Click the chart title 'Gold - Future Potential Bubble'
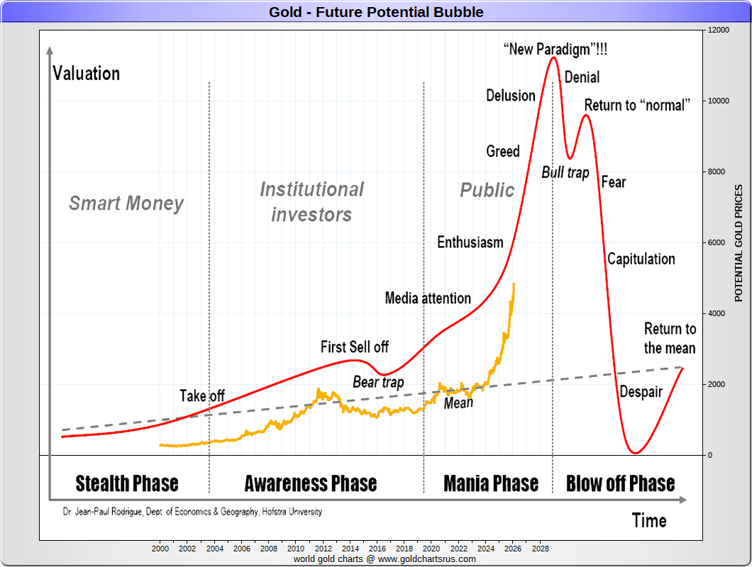point(376,12)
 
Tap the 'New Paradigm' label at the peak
point(555,50)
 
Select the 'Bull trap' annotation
point(565,172)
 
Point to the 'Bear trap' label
point(378,383)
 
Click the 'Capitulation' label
point(641,259)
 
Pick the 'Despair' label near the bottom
point(641,392)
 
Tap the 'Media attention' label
point(428,298)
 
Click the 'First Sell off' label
point(355,347)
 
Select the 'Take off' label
point(202,395)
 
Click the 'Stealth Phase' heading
point(127,483)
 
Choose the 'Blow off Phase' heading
point(620,483)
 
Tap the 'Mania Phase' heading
point(491,483)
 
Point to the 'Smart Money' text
point(126,203)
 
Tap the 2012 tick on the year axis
point(324,549)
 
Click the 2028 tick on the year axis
point(541,549)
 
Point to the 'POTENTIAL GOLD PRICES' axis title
point(739,243)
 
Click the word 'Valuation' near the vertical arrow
point(86,74)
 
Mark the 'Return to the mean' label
point(670,338)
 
